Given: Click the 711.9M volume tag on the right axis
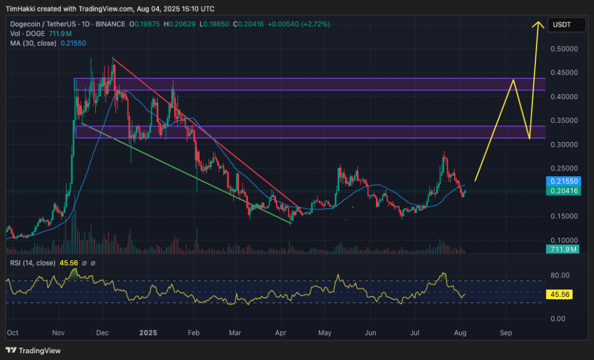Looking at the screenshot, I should point(563,249).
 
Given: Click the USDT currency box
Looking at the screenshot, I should point(562,25).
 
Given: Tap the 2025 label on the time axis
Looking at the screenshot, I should point(148,333).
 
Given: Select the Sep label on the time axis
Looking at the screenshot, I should point(506,333).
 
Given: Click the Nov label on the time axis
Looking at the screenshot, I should point(59,333).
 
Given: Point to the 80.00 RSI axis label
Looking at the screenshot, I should point(560,275).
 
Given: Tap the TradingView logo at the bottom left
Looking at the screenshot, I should point(33,351).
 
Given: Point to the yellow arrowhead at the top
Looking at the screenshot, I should point(538,24).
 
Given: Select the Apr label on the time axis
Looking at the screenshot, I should point(281,333).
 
